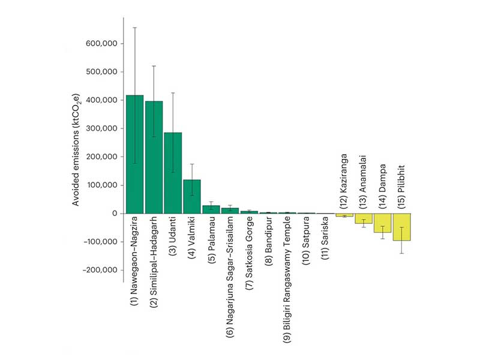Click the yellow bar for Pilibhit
pos(402,227)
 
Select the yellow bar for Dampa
pos(383,223)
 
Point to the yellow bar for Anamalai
pos(364,218)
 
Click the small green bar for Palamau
pos(211,209)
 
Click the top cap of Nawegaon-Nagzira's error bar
pos(135,28)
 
